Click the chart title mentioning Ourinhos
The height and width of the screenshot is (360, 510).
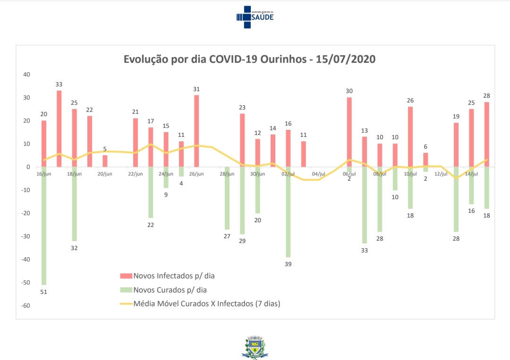(249, 59)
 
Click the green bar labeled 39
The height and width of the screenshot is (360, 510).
(288, 212)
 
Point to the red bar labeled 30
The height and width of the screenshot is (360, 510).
(349, 132)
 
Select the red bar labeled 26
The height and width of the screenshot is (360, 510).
(410, 136)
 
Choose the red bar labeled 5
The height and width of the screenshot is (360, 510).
(105, 161)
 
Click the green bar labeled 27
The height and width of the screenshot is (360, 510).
(227, 198)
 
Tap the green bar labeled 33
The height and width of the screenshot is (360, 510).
(365, 205)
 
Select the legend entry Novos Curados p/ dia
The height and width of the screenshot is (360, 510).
(170, 290)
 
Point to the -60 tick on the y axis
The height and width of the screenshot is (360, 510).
(25, 306)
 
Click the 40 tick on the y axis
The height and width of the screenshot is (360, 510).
(26, 75)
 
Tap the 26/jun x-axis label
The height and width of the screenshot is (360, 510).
(196, 174)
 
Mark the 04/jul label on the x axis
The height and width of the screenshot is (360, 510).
(318, 174)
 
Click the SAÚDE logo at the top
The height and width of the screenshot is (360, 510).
(255, 17)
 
